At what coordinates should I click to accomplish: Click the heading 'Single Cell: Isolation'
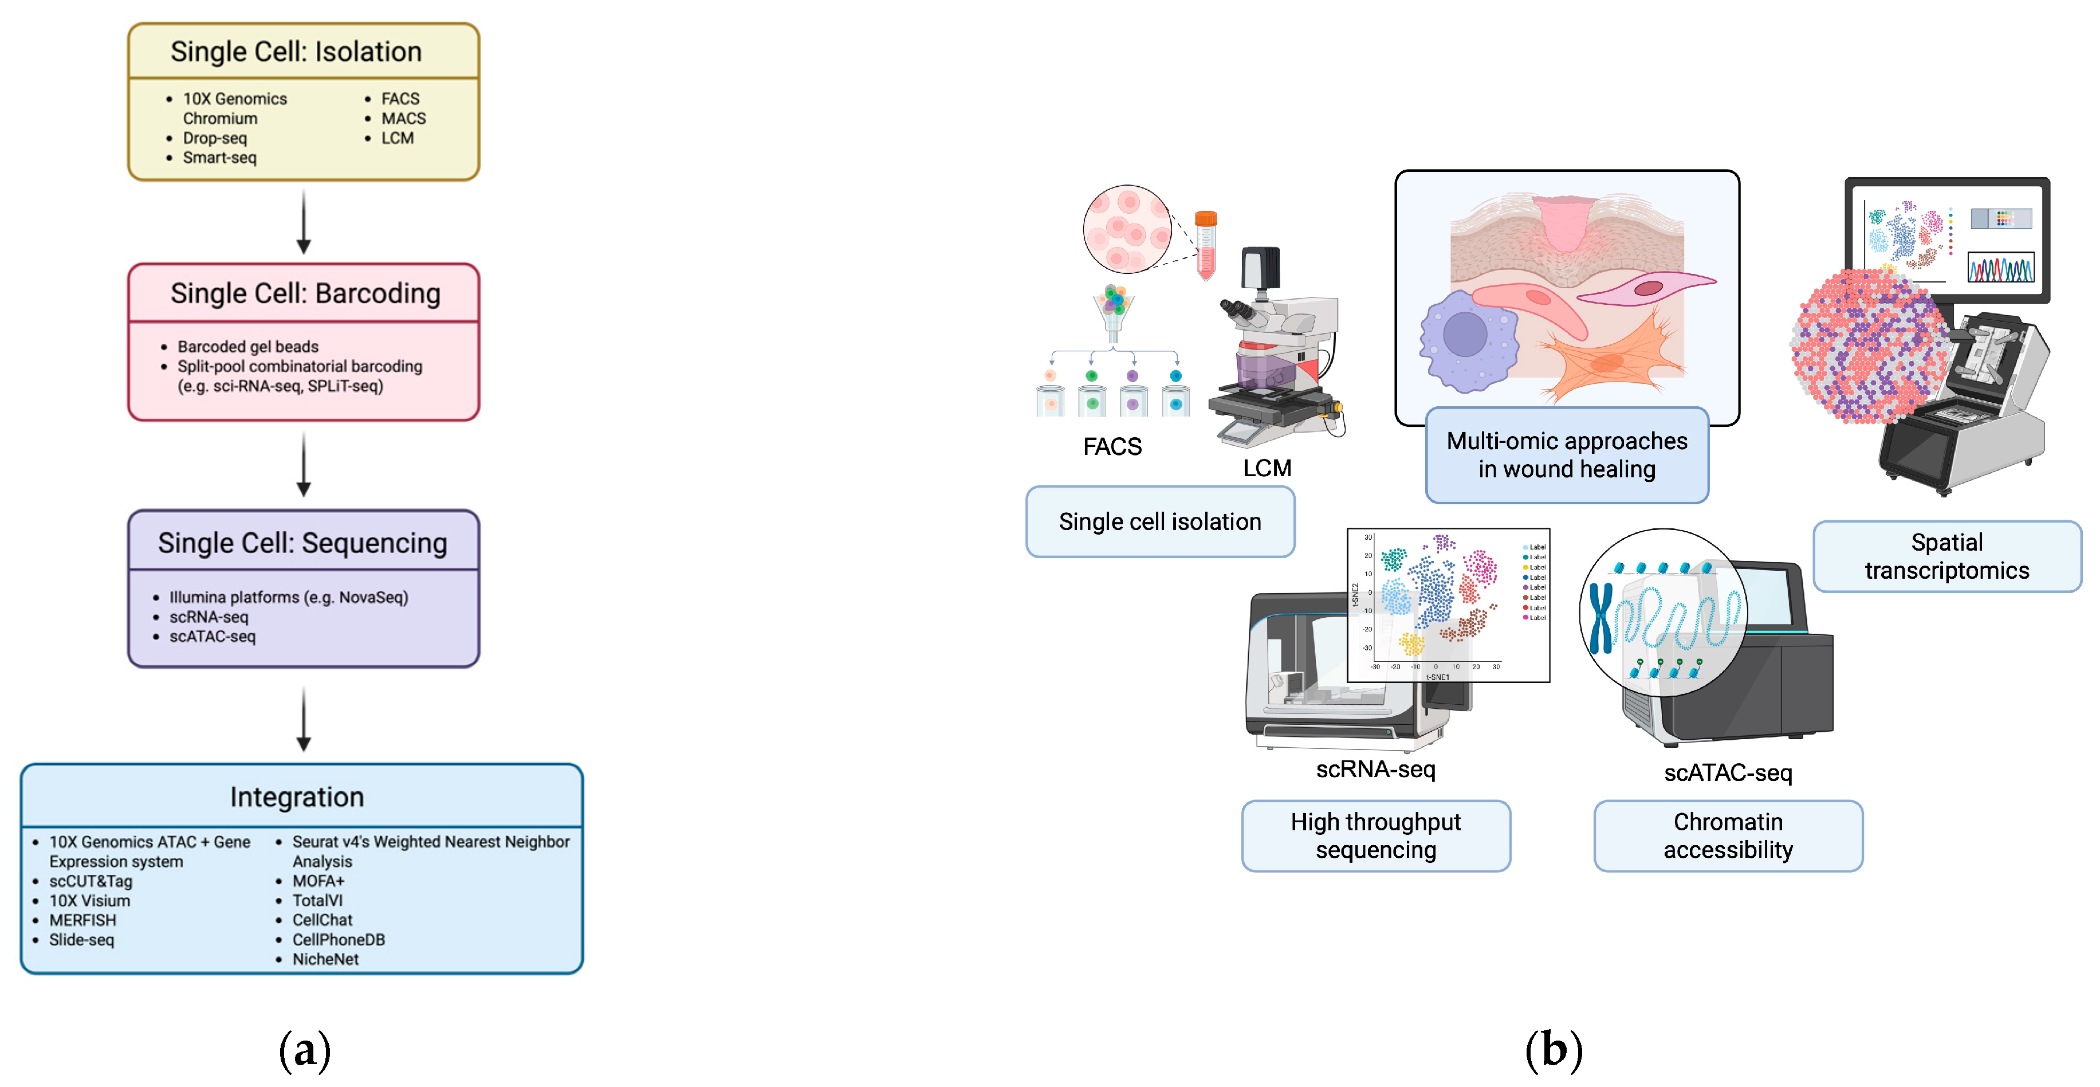pos(296,52)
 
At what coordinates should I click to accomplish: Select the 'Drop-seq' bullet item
pos(214,138)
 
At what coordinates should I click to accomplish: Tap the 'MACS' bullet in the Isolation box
pos(403,118)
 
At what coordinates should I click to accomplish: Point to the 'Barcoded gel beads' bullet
pos(248,347)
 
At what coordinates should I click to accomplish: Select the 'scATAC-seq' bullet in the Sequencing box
pos(212,636)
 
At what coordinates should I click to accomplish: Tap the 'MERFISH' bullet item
pos(82,920)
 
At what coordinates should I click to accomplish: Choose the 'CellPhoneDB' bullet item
pos(339,939)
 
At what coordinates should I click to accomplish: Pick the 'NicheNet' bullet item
pos(325,959)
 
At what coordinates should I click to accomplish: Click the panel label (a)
pos(305,1050)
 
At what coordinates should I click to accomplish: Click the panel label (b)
pos(1554,1050)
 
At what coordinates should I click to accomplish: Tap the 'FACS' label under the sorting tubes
pos(1112,447)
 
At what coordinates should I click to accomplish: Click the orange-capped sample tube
pos(1206,244)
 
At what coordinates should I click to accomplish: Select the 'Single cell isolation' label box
pos(1159,522)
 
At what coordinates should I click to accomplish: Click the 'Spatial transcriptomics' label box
pos(1946,556)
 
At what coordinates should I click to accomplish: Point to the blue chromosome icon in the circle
pos(1600,617)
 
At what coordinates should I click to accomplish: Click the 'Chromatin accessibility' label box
pos(1728,836)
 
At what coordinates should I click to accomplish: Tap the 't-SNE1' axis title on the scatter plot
pos(1437,677)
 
